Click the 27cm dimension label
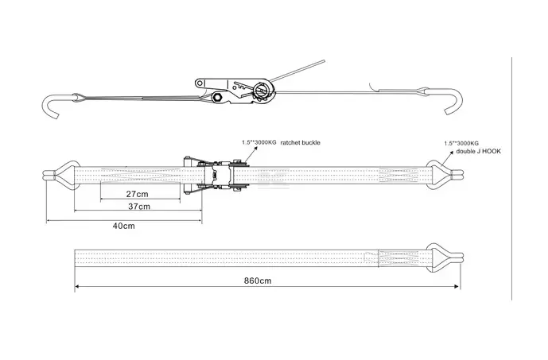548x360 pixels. pyautogui.click(x=137, y=194)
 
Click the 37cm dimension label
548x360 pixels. pyautogui.click(x=138, y=207)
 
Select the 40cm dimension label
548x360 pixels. pyautogui.click(x=122, y=226)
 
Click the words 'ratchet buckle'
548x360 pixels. pyautogui.click(x=307, y=143)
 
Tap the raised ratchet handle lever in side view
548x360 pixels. pyautogui.click(x=302, y=71)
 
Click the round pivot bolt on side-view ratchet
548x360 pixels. pyautogui.click(x=218, y=98)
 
